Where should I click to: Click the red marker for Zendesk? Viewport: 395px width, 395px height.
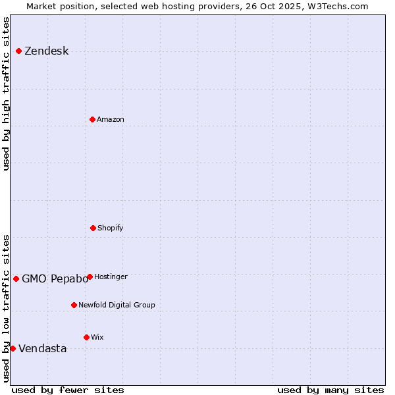point(18,51)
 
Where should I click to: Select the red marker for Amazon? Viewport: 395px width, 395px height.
point(92,119)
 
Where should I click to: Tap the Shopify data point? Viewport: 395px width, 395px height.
point(93,228)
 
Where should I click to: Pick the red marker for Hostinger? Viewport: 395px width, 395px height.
point(90,276)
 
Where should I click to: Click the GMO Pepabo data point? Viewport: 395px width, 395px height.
point(16,278)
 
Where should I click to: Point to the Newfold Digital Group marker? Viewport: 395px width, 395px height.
point(74,305)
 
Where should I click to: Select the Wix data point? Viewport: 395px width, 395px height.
point(86,337)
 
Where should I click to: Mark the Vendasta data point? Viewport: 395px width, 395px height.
point(13,348)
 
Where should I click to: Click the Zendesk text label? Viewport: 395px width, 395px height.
point(46,51)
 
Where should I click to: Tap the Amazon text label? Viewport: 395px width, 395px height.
point(111,119)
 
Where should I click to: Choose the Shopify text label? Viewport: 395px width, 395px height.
point(111,228)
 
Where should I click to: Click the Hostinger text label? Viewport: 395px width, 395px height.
point(111,276)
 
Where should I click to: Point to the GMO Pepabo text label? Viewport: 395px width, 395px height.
point(55,278)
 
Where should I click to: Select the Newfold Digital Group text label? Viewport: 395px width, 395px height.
point(117,305)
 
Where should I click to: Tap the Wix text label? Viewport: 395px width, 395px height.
point(97,337)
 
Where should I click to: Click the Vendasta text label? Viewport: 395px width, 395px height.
point(42,349)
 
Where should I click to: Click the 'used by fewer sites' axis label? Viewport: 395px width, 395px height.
point(68,390)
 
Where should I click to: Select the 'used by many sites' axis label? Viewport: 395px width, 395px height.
point(330,390)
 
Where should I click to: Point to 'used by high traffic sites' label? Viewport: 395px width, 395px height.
point(6,93)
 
